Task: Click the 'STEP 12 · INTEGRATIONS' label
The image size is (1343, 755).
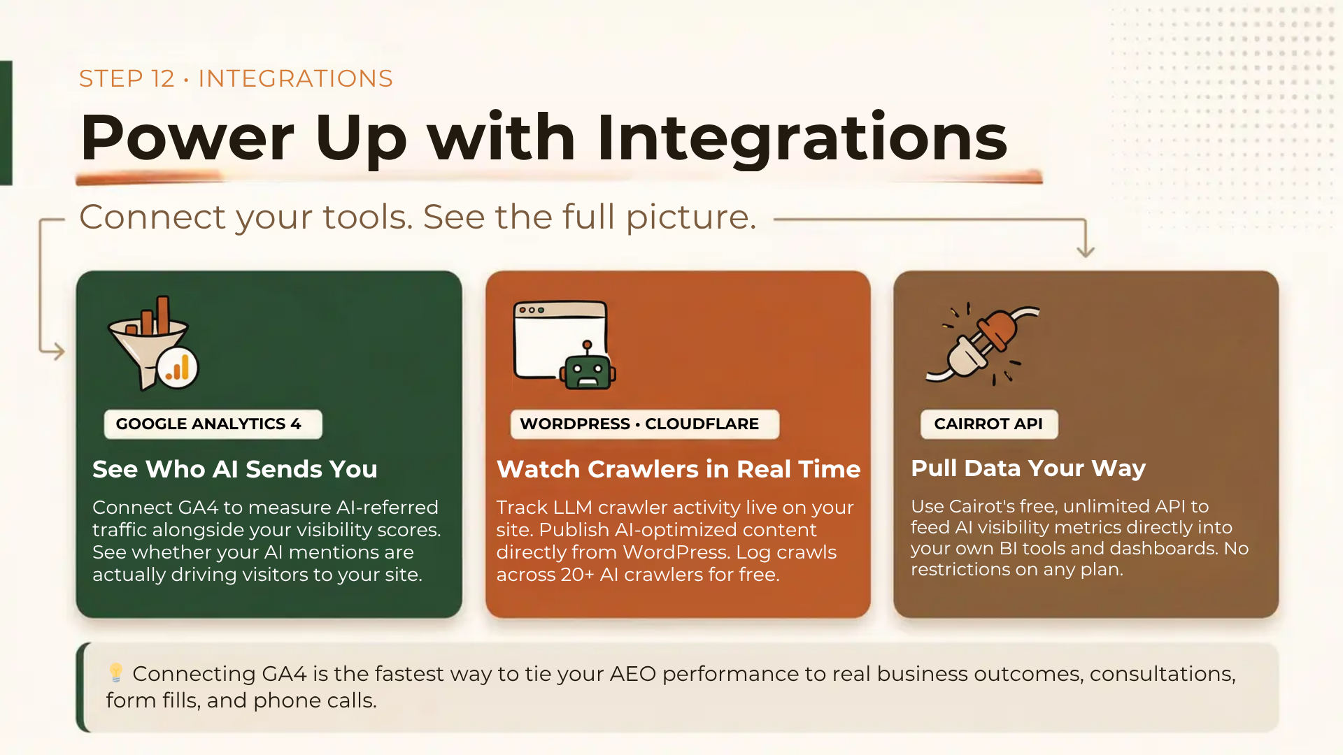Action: pyautogui.click(x=236, y=78)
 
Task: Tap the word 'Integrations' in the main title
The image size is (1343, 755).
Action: pyautogui.click(x=802, y=138)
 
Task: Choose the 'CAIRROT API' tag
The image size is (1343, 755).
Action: pyautogui.click(x=989, y=424)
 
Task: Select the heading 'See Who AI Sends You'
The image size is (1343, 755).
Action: pyautogui.click(x=235, y=468)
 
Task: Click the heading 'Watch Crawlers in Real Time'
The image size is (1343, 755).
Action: pyautogui.click(x=678, y=468)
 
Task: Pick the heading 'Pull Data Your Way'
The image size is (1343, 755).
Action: pyautogui.click(x=1028, y=468)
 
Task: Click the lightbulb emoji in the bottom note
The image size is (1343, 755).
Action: pyautogui.click(x=116, y=673)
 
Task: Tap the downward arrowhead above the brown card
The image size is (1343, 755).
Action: pyautogui.click(x=1086, y=250)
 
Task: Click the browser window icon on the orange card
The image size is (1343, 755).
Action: pyautogui.click(x=560, y=340)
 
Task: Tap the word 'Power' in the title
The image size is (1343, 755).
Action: pyautogui.click(x=187, y=138)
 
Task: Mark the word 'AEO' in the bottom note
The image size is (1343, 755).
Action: pyautogui.click(x=633, y=674)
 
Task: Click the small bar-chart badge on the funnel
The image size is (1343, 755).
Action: pyautogui.click(x=178, y=368)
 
